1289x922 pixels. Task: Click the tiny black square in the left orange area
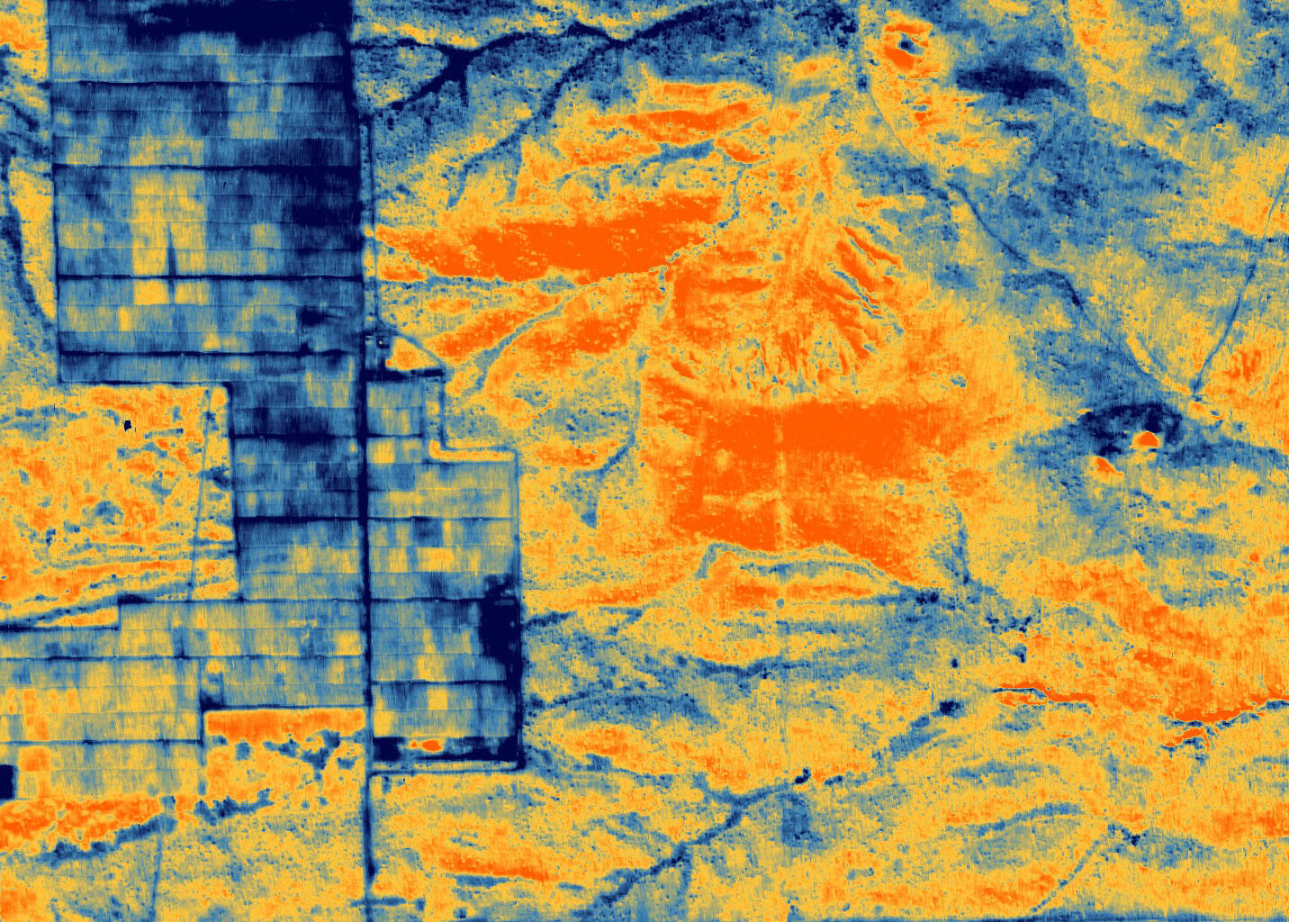[x=128, y=424]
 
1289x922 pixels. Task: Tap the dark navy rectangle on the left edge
[x=6, y=782]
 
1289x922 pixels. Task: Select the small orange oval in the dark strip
[x=431, y=745]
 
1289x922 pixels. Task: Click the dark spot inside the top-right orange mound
[x=906, y=42]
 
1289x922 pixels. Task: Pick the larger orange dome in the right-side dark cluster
[x=1146, y=439]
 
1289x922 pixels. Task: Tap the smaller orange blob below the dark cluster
[x=1104, y=465]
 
